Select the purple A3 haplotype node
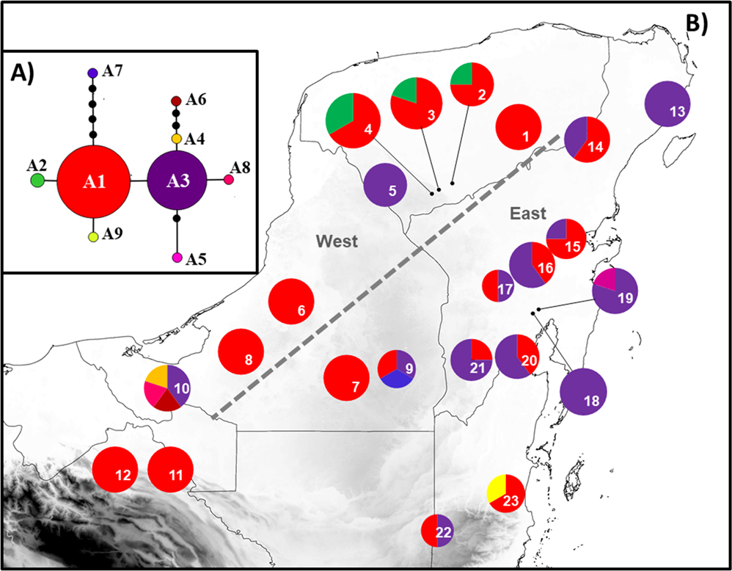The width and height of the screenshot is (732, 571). [x=177, y=181]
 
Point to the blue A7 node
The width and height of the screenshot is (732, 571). [x=93, y=73]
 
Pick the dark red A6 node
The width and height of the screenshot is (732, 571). [x=176, y=101]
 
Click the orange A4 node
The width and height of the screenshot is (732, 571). [x=177, y=138]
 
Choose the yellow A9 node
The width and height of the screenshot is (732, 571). [x=93, y=237]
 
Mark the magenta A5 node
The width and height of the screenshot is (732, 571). [x=177, y=258]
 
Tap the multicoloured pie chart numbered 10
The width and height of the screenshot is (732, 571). [x=167, y=388]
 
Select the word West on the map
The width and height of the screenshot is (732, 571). [x=336, y=241]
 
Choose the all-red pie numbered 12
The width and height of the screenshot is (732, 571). [x=116, y=469]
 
